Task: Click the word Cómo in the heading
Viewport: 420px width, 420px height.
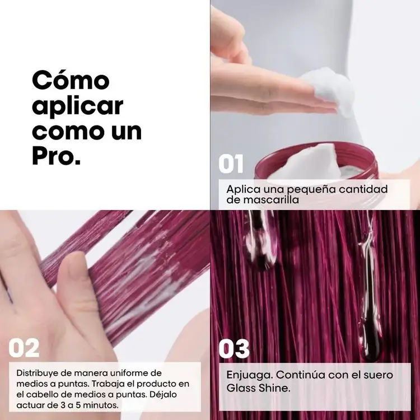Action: click(x=71, y=80)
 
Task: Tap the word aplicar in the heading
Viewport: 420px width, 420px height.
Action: click(x=78, y=106)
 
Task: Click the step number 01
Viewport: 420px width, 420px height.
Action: click(x=231, y=165)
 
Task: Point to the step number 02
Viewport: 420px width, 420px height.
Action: click(x=24, y=348)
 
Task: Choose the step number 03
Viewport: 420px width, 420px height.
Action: click(x=234, y=348)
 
